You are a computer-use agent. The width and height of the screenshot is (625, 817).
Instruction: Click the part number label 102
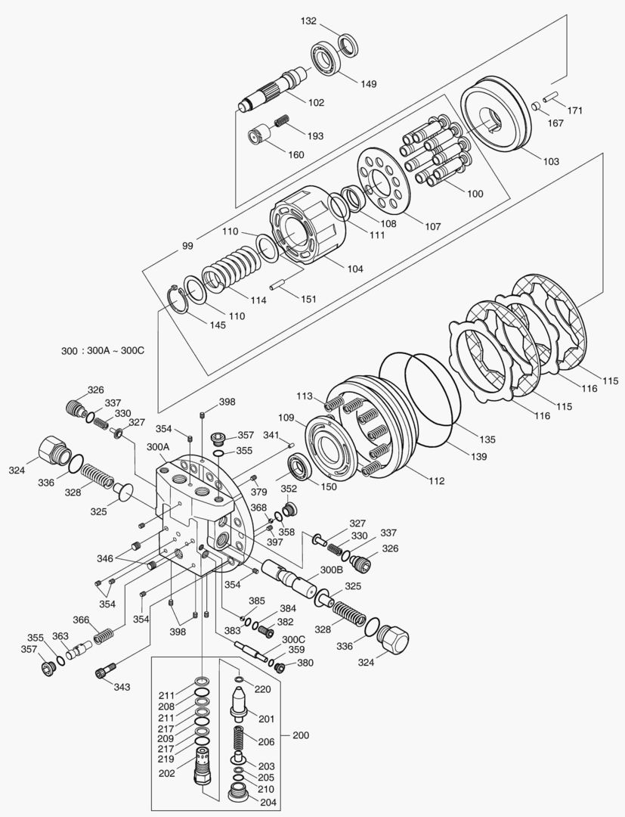pos(315,102)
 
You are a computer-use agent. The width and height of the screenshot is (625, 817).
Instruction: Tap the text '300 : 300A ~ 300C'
pos(102,351)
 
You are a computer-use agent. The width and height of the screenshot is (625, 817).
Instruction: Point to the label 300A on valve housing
pos(157,447)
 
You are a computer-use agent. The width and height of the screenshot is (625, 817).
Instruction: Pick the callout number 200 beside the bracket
pos(300,735)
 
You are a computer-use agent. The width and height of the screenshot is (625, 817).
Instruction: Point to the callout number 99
pos(187,246)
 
